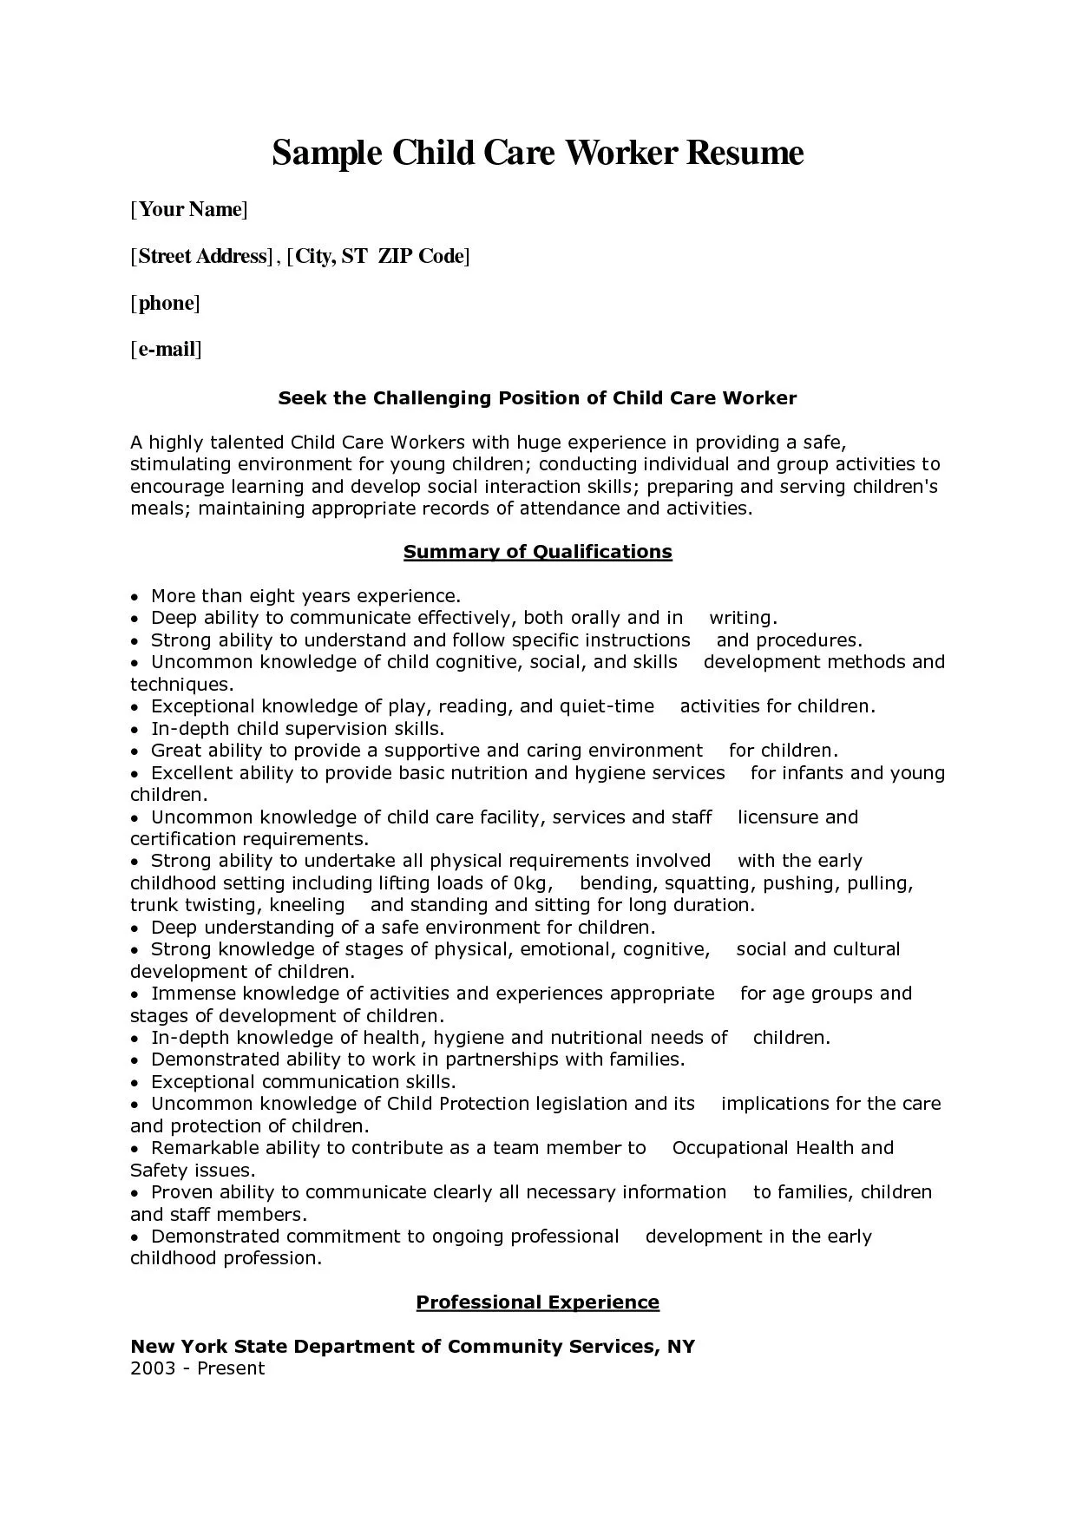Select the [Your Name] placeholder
(189, 209)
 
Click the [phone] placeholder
(165, 303)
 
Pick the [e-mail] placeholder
(166, 350)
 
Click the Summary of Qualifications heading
(538, 552)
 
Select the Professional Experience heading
(538, 1302)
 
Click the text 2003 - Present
(197, 1368)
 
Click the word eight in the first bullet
(272, 596)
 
